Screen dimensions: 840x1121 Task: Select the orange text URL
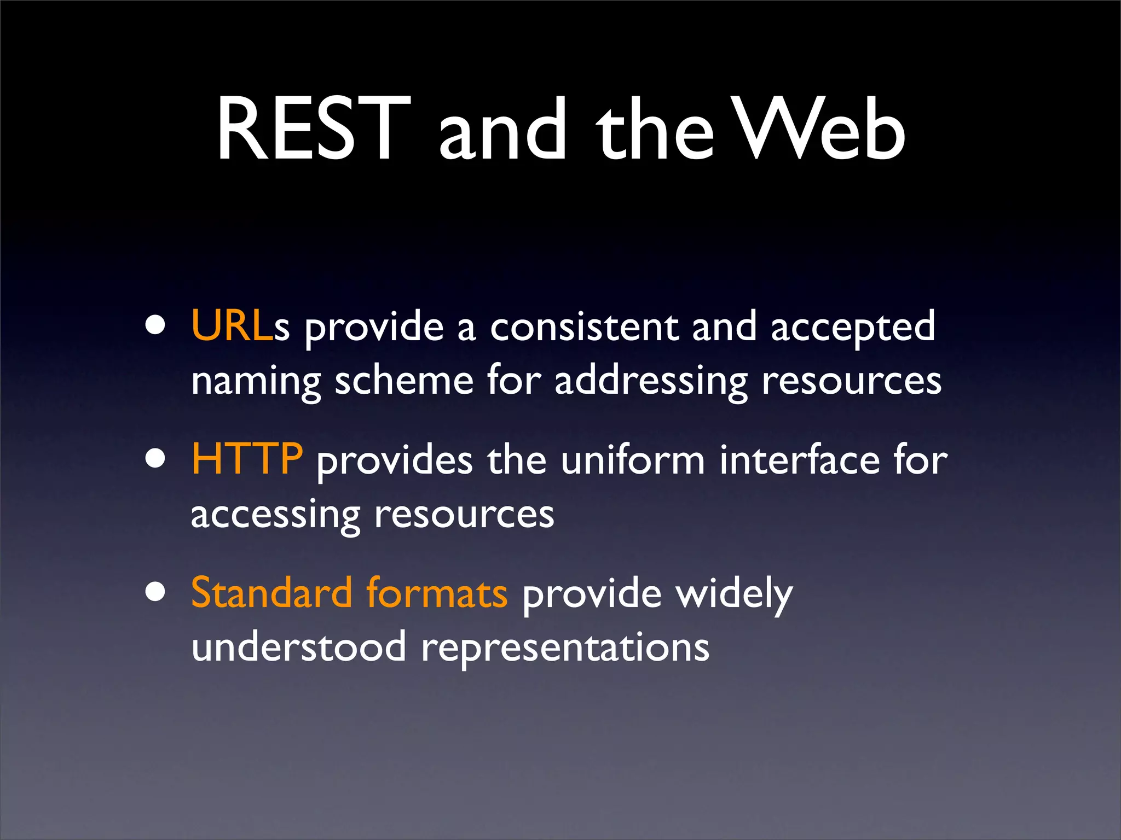pyautogui.click(x=232, y=326)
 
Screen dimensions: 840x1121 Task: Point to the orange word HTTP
pyautogui.click(x=247, y=459)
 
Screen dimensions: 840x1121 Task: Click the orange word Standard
pyautogui.click(x=271, y=593)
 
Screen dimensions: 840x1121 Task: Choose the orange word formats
pyautogui.click(x=437, y=593)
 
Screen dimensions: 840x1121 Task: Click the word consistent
pyautogui.click(x=584, y=327)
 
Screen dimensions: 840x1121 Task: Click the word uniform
pyautogui.click(x=633, y=460)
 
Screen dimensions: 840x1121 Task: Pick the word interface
pyautogui.click(x=799, y=460)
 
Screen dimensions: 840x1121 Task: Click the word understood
pyautogui.click(x=299, y=646)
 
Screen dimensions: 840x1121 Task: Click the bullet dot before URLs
pyautogui.click(x=155, y=326)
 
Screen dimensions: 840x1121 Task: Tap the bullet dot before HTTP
pyautogui.click(x=155, y=459)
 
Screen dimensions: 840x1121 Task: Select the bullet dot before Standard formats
pyautogui.click(x=155, y=592)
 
